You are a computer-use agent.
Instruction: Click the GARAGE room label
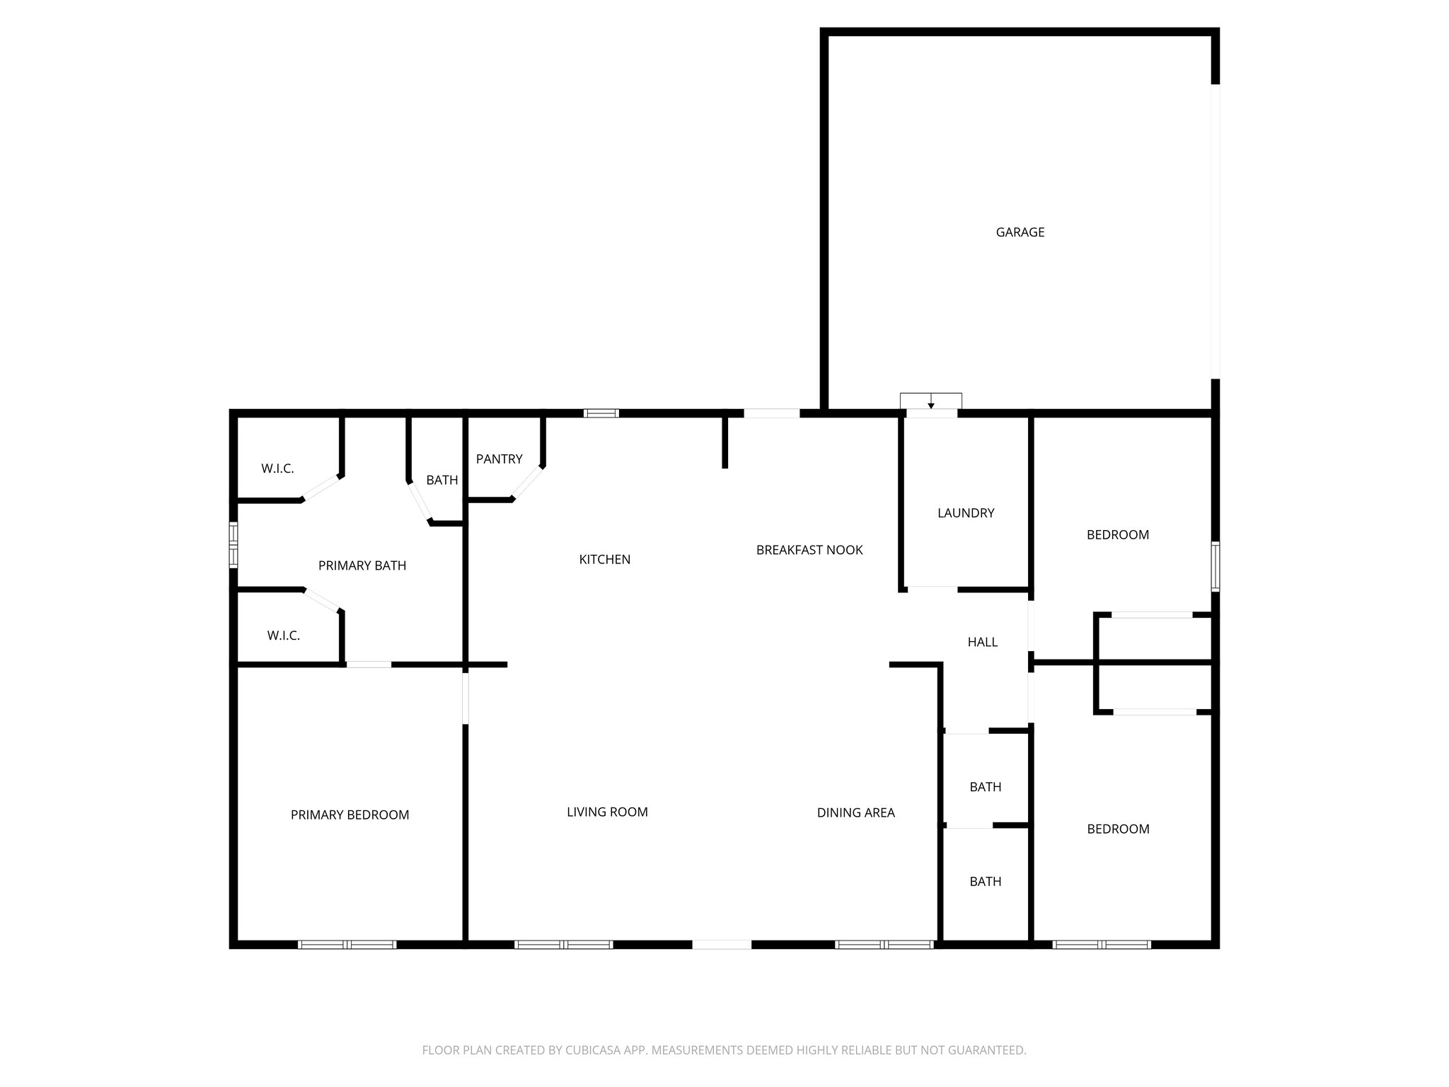tap(1020, 232)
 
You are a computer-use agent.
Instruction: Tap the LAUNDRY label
tap(966, 513)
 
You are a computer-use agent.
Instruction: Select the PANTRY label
tap(499, 459)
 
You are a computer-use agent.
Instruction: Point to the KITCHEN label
tap(604, 560)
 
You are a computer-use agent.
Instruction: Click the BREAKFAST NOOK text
tap(809, 550)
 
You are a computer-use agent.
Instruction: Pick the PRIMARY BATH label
tap(362, 565)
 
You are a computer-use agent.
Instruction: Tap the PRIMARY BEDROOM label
tap(350, 815)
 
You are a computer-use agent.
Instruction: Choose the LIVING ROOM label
tap(607, 812)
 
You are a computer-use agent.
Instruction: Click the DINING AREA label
tap(855, 813)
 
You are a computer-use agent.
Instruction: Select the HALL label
tap(982, 642)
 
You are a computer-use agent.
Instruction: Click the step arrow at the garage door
tap(931, 404)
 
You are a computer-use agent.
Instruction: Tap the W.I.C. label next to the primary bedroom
tap(283, 635)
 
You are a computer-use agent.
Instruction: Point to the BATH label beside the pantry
tap(442, 481)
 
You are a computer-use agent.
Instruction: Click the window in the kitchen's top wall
tap(601, 413)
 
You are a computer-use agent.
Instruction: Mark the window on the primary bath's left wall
tap(233, 545)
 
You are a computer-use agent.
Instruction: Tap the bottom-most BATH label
tap(985, 882)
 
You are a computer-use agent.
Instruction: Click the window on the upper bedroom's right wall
tap(1215, 566)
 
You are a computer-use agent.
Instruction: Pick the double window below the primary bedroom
tap(347, 944)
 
